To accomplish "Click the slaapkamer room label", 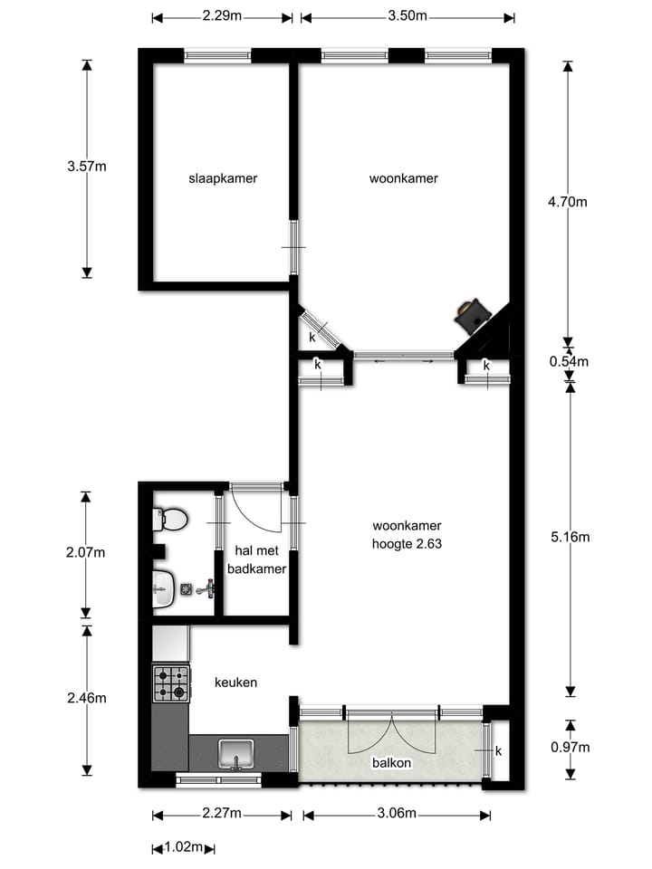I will coord(223,178).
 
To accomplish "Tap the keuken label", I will coord(235,682).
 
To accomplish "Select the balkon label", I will coord(391,763).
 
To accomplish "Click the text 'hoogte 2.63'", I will coord(407,544).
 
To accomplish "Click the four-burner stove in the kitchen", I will coord(171,683).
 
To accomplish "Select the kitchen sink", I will coord(235,753).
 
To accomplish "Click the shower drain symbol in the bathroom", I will coord(187,589).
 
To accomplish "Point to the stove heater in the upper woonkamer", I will coord(472,314).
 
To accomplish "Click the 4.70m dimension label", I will coord(568,202).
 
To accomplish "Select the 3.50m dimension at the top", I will coord(407,16).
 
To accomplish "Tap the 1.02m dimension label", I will coord(184,848).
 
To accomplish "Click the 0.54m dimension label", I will coord(570,362).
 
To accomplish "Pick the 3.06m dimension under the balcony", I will coord(396,815).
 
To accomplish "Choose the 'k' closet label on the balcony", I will coord(498,750).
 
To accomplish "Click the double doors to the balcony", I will coord(391,733).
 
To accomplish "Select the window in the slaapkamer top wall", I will coord(217,55).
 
